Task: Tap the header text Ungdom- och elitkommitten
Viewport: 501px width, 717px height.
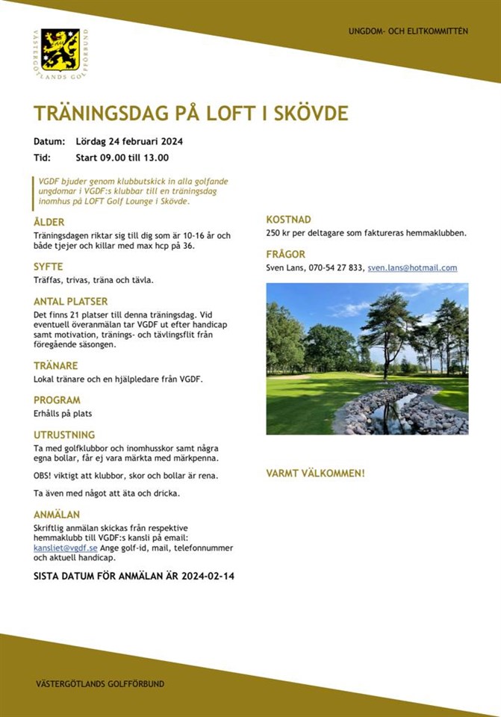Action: coord(408,31)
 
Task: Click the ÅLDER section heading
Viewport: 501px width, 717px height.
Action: coord(49,222)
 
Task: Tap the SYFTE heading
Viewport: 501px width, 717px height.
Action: coord(49,267)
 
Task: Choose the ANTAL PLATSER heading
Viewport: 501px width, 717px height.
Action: coord(71,302)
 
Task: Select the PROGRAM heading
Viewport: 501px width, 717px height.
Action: coord(57,400)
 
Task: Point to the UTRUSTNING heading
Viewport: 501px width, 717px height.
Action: coord(64,434)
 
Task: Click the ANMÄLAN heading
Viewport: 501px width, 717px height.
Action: coord(57,515)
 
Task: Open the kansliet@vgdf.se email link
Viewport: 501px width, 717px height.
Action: coord(66,548)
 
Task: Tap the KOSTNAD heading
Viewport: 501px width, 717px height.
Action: coord(289,220)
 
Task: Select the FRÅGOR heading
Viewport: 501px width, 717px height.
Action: coord(286,255)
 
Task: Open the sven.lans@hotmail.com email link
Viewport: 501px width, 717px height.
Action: coord(412,268)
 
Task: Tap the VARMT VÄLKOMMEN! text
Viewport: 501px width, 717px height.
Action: coord(315,474)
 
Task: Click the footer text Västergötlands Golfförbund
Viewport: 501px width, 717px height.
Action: coord(100,683)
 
